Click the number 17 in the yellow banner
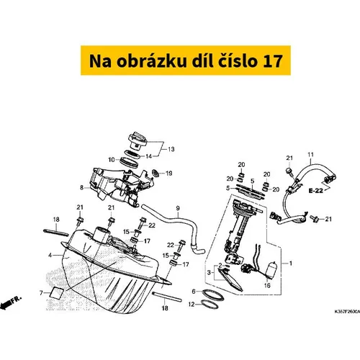click(272, 60)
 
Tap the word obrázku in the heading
click(152, 60)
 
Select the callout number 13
click(171, 149)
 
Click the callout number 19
click(169, 173)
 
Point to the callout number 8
click(81, 187)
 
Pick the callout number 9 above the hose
click(178, 208)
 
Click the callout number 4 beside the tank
click(50, 255)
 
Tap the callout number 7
click(41, 293)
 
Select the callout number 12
click(192, 305)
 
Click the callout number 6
click(194, 292)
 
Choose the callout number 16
click(267, 285)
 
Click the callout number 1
click(291, 264)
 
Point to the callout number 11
click(310, 155)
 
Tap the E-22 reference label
click(315, 191)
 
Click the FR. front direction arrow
click(11, 302)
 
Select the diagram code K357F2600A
click(347, 312)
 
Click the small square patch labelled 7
click(57, 292)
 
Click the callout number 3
click(209, 272)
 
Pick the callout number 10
click(112, 160)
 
